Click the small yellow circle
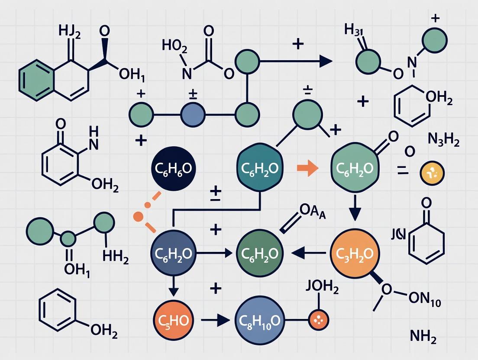point(433,173)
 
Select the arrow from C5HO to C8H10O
point(215,321)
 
